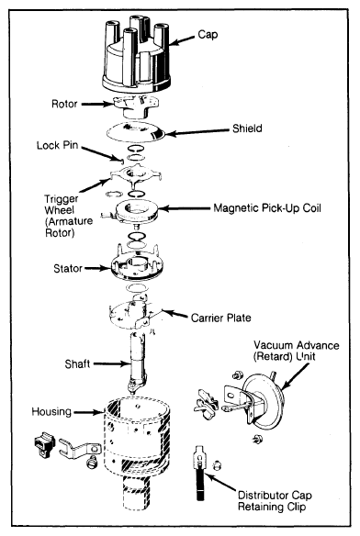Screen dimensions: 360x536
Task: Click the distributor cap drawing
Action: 136,55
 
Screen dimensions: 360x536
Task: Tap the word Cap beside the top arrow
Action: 208,35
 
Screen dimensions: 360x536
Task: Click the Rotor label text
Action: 64,104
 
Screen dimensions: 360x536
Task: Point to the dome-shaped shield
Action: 136,132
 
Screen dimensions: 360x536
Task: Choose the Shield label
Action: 247,128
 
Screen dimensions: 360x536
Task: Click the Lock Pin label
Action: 58,145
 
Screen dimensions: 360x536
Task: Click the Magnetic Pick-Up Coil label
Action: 267,208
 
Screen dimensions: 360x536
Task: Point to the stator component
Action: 137,263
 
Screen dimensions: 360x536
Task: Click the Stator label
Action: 68,269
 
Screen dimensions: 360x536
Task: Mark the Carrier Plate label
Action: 220,318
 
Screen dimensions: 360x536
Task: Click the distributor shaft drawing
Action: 138,363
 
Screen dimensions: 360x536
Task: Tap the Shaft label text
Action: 77,364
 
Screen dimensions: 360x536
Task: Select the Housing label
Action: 51,411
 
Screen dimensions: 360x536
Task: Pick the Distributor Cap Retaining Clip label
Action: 275,501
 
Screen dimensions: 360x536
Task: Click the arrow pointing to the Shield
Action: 197,132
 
